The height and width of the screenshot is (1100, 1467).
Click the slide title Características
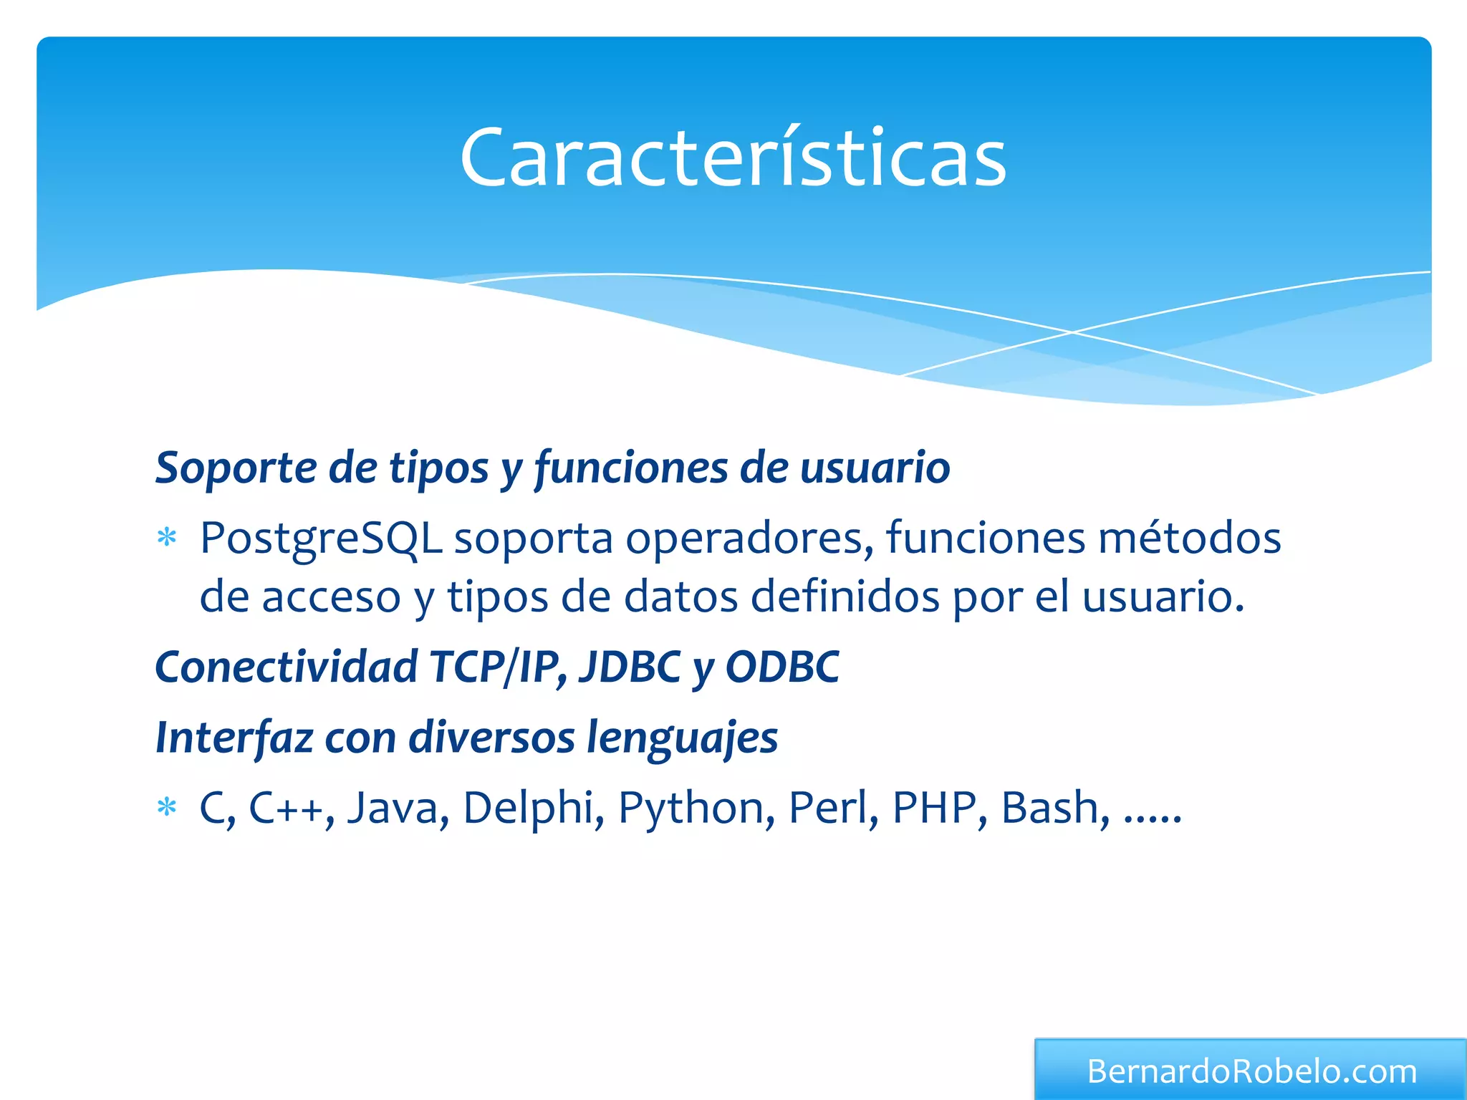(x=733, y=158)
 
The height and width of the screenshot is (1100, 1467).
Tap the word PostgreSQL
(x=321, y=539)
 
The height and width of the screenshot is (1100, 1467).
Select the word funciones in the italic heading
(x=631, y=468)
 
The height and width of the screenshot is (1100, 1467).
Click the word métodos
(x=1189, y=539)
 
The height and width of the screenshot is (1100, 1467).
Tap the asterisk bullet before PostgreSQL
(x=167, y=538)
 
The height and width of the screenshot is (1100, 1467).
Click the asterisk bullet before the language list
(x=167, y=808)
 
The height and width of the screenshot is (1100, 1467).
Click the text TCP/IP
(x=495, y=667)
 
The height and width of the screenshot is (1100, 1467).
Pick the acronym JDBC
(x=630, y=667)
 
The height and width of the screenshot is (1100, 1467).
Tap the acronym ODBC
(x=782, y=667)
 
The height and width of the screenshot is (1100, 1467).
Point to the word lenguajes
(x=682, y=738)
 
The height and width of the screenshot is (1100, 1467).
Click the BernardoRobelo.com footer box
(x=1251, y=1071)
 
